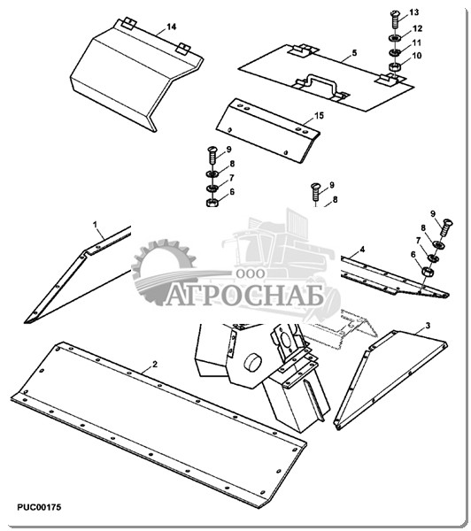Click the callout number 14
tap(172, 27)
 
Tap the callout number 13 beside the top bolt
tap(413, 12)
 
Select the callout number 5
tap(354, 53)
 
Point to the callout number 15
tap(320, 116)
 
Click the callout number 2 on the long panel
tap(155, 365)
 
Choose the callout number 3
tap(428, 326)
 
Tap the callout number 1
tap(96, 225)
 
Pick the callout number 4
tap(363, 250)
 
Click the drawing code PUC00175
tap(39, 507)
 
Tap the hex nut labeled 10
tap(394, 66)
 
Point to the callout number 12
tap(418, 28)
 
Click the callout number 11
tap(416, 43)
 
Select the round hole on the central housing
tap(252, 363)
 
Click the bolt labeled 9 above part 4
tap(446, 227)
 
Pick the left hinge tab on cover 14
tap(128, 23)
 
